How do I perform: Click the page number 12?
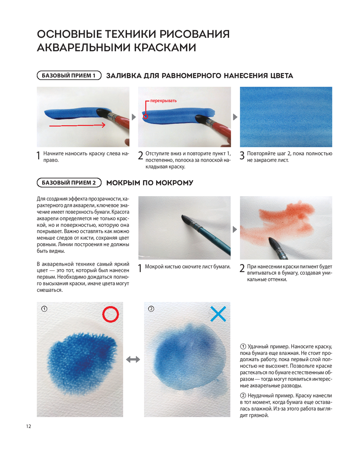click(28, 426)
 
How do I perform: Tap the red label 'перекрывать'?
click(163, 101)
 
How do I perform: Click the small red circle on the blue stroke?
click(145, 116)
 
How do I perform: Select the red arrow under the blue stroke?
click(77, 125)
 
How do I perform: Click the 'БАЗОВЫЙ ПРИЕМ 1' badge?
click(69, 76)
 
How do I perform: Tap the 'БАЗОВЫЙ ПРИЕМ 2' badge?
click(69, 182)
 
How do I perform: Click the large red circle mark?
click(111, 314)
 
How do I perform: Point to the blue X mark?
click(218, 314)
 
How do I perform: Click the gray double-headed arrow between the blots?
click(133, 360)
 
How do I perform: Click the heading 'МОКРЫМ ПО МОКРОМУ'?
click(150, 183)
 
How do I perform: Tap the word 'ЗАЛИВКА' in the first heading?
click(124, 76)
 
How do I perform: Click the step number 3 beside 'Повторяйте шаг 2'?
click(242, 155)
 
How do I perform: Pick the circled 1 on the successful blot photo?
click(44, 309)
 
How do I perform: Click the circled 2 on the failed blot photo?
click(151, 309)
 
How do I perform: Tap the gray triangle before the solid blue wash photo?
click(235, 117)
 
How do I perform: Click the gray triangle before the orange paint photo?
click(235, 229)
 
